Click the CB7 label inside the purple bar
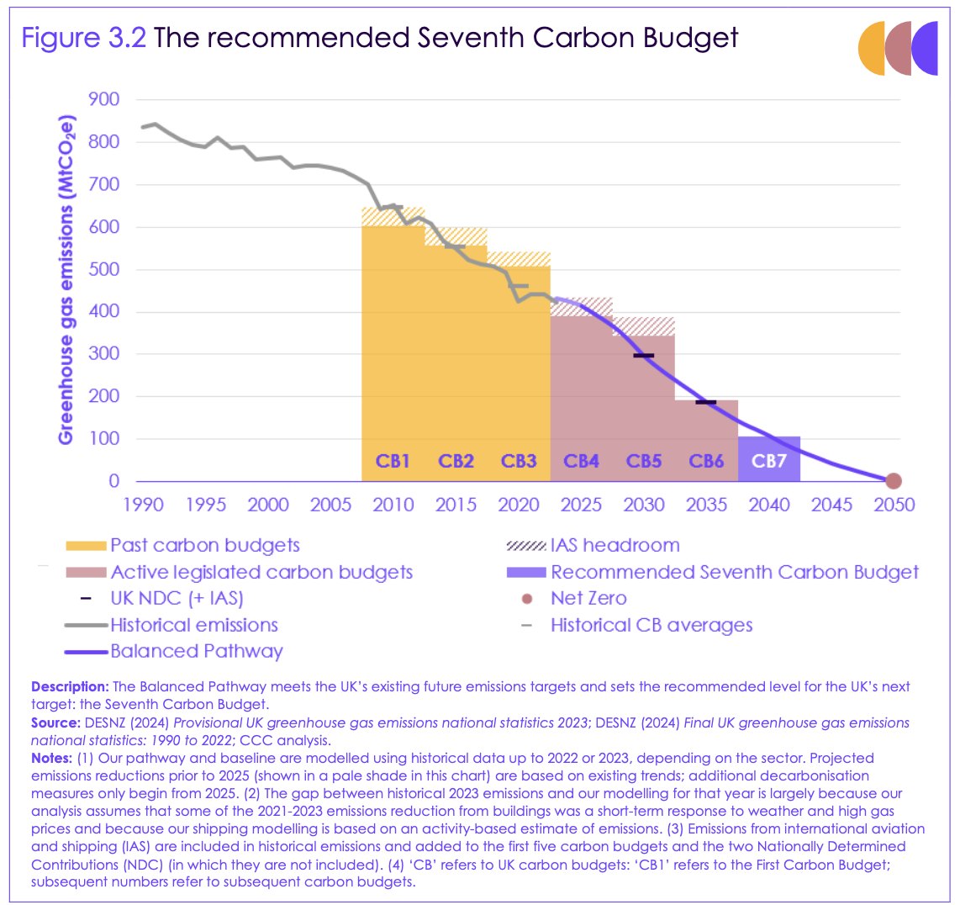(768, 461)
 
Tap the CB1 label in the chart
(393, 461)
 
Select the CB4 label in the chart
(581, 461)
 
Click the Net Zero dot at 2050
(894, 481)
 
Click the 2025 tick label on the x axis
(581, 505)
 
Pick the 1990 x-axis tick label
(144, 505)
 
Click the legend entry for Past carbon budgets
(204, 545)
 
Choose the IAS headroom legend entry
(615, 545)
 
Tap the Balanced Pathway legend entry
(197, 651)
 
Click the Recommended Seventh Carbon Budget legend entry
(734, 572)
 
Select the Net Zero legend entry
(588, 599)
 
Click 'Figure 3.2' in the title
(84, 38)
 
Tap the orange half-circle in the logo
(871, 49)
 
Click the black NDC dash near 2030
(644, 356)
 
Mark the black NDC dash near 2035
(706, 403)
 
